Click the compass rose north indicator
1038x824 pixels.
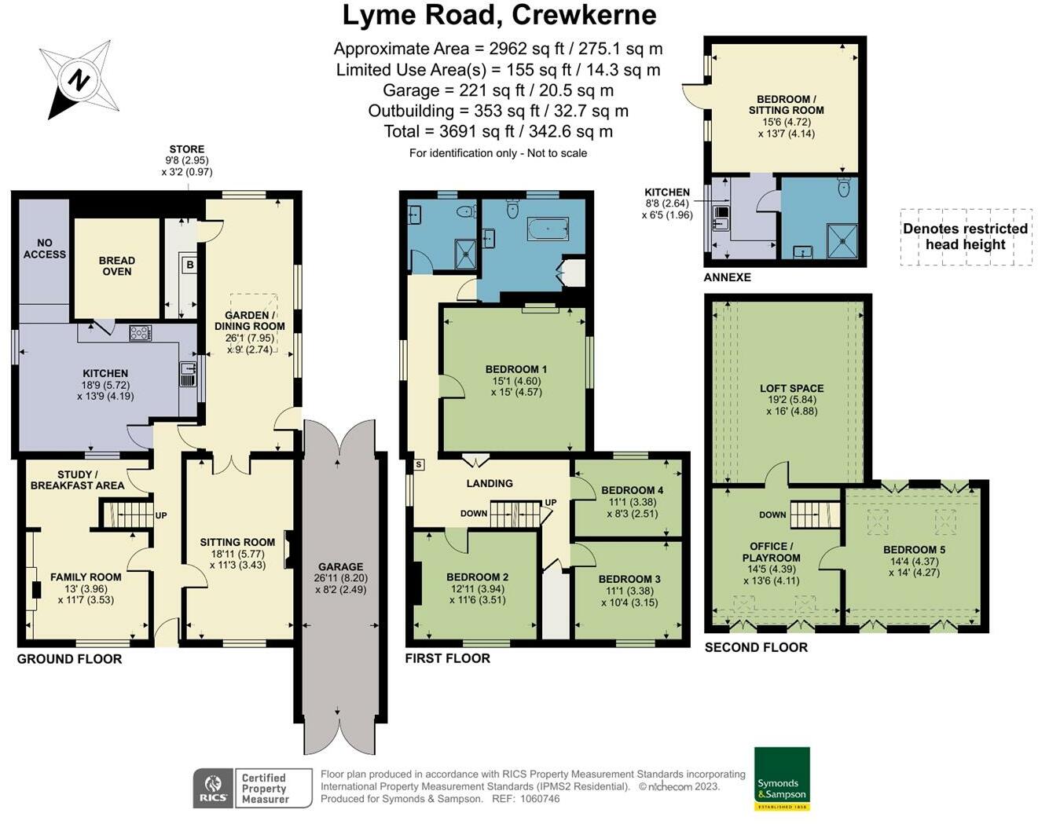tap(79, 79)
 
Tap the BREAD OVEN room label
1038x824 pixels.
tap(117, 266)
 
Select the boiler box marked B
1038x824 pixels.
tap(190, 265)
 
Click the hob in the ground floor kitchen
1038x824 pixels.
tap(141, 333)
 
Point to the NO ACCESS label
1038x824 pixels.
tap(45, 248)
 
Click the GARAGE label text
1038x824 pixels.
tap(340, 566)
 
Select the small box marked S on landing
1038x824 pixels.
tap(419, 464)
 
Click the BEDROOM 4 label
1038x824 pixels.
tap(632, 490)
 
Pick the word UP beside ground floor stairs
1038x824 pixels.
tap(161, 515)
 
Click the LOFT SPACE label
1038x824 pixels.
tap(791, 388)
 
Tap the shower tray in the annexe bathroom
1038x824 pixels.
tap(842, 240)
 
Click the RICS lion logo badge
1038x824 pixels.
tap(213, 788)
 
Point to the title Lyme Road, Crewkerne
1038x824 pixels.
tap(499, 16)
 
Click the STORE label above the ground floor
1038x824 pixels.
tap(187, 149)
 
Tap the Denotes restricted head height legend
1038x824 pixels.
tap(965, 236)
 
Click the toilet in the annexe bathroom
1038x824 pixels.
tap(844, 186)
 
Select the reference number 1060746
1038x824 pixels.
tap(540, 799)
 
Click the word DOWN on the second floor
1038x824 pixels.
tap(772, 515)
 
